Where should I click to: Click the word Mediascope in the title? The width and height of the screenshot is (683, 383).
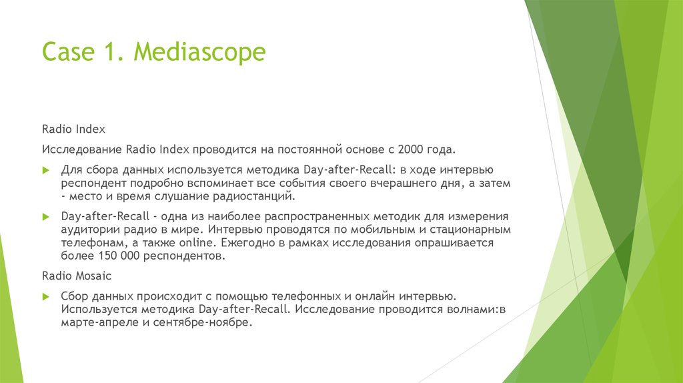(x=199, y=51)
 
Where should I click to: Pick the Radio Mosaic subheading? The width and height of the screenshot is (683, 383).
(x=77, y=275)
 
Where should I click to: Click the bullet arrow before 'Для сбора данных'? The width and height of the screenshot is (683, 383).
(x=46, y=169)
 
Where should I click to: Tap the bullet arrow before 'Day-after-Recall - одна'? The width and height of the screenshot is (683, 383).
(x=46, y=216)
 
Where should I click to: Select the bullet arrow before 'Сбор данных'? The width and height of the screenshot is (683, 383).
(x=46, y=295)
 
